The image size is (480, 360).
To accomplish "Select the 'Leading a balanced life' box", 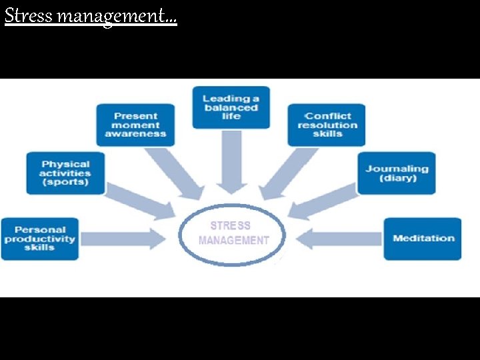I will pyautogui.click(x=231, y=107).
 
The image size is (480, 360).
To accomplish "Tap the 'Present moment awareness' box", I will pyautogui.click(x=135, y=125).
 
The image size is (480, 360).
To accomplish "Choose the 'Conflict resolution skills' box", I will pyautogui.click(x=327, y=125).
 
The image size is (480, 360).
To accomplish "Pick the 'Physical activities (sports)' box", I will pyautogui.click(x=65, y=173).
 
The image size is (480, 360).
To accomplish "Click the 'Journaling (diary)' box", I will pyautogui.click(x=397, y=173).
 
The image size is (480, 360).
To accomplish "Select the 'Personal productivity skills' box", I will pyautogui.click(x=39, y=239).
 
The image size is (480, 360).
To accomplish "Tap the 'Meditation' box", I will pyautogui.click(x=423, y=239).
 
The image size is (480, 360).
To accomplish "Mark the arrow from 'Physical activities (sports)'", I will pyautogui.click(x=139, y=201).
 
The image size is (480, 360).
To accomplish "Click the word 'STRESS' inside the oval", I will pyautogui.click(x=231, y=226).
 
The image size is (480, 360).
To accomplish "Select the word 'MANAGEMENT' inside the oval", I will pyautogui.click(x=234, y=241).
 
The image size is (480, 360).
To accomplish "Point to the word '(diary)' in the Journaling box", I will pyautogui.click(x=397, y=179).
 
